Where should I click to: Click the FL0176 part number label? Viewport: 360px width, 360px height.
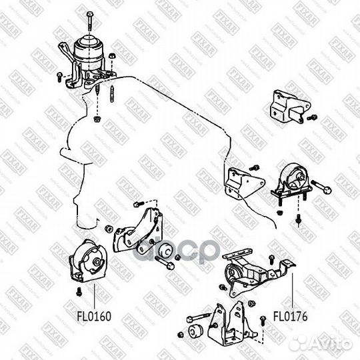click(290, 313)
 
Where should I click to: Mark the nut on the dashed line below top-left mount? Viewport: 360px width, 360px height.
click(97, 120)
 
